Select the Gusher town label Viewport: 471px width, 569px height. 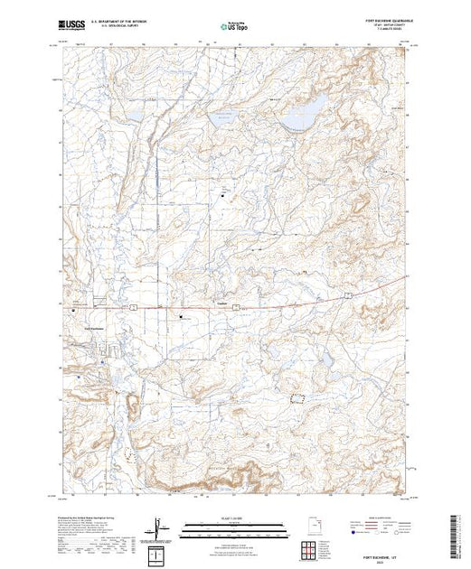(221, 303)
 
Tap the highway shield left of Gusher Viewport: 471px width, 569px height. (132, 308)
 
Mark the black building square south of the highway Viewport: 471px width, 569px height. (182, 317)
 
